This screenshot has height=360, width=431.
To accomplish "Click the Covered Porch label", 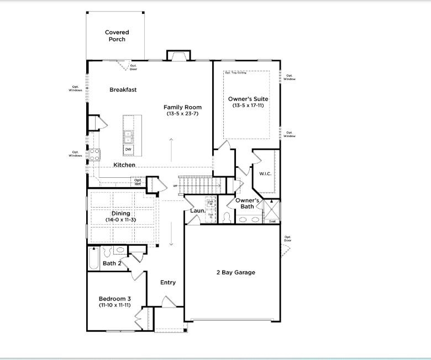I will pos(117,36).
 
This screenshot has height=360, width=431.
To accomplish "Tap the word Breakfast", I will pos(123,89).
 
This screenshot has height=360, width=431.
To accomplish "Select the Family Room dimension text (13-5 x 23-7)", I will pos(182,114).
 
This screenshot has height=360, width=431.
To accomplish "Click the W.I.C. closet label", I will pos(265,174).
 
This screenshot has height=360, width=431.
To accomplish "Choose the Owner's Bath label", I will pos(248,203).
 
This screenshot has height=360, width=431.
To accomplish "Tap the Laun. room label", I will pos(198,211).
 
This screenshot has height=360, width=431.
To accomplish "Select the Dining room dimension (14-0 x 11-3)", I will pos(121,220).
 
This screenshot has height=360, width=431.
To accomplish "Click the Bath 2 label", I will pos(113,263).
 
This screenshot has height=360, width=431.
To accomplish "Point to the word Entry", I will pos(168,282).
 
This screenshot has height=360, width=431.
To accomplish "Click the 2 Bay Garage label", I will pos(235,272).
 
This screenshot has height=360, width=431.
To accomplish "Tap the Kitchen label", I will pos(124,165).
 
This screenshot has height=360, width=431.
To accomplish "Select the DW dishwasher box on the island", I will pos(128,149).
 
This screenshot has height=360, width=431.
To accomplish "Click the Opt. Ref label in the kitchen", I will pos(138,182).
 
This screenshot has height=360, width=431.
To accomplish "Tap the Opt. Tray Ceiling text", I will pos(235,73).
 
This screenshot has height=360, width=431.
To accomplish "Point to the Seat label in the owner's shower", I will pos(272,221).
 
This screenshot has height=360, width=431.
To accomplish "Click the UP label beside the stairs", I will pos(175,186).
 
